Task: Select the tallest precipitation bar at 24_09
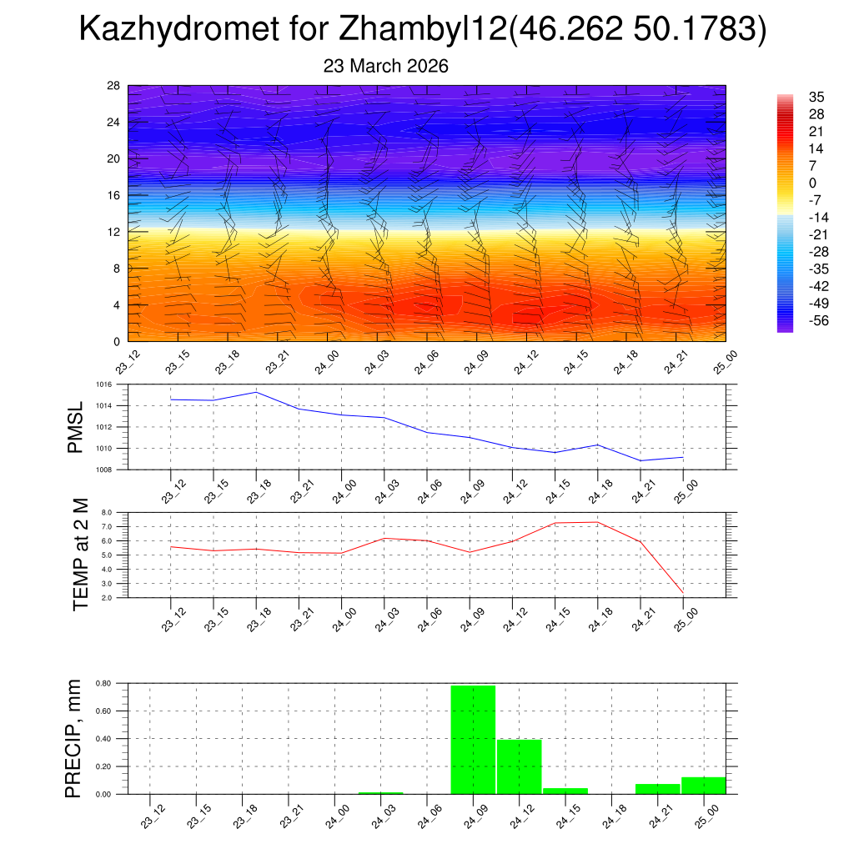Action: [x=473, y=739]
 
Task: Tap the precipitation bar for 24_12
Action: [x=519, y=766]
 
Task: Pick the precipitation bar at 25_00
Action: [x=703, y=786]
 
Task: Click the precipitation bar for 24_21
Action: [x=657, y=789]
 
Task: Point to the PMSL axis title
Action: [x=75, y=427]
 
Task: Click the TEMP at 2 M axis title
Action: [x=80, y=555]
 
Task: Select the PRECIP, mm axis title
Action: [x=74, y=738]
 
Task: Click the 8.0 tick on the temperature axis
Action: [x=107, y=513]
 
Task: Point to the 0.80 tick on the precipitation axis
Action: [x=103, y=684]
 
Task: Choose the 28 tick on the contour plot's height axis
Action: [x=113, y=85]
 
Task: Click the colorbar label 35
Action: [x=816, y=97]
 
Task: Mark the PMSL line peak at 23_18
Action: [x=256, y=392]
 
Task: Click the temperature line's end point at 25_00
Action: [x=683, y=592]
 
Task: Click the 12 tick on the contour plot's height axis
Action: [x=113, y=232]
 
